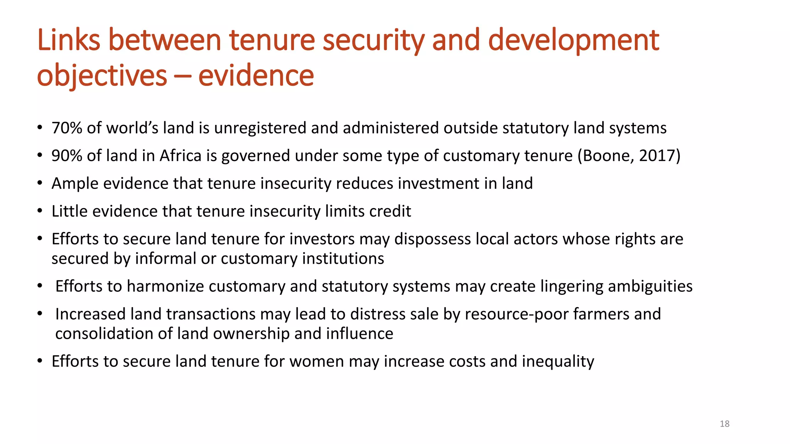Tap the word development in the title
(x=573, y=40)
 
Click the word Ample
(x=75, y=183)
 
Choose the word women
(x=316, y=362)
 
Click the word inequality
(x=558, y=362)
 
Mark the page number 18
(x=724, y=424)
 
